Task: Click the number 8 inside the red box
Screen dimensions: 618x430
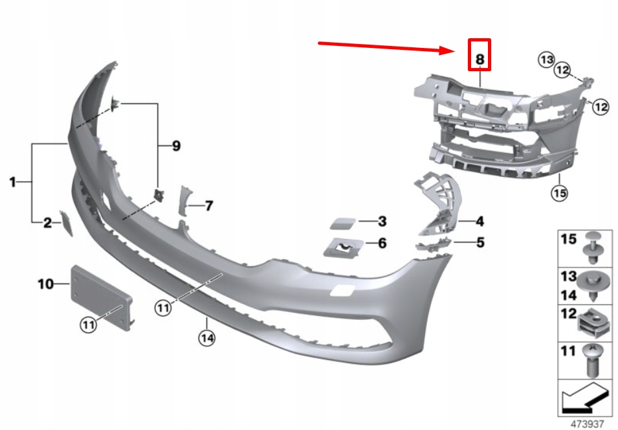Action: point(480,59)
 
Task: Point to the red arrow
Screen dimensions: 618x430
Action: point(388,47)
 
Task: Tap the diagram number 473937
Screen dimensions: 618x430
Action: point(588,424)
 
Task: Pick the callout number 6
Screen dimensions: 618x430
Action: point(382,243)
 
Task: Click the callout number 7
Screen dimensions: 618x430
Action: point(208,206)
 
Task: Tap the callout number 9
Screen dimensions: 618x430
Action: point(176,146)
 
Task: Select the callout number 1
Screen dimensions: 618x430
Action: point(12,183)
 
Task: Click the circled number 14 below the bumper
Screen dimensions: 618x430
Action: point(206,337)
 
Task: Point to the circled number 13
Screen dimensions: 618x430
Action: point(547,60)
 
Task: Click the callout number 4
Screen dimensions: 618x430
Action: point(480,221)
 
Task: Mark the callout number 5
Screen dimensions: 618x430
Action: point(480,243)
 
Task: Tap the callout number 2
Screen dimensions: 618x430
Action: point(47,223)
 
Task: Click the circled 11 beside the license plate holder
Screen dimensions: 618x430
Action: point(88,324)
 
